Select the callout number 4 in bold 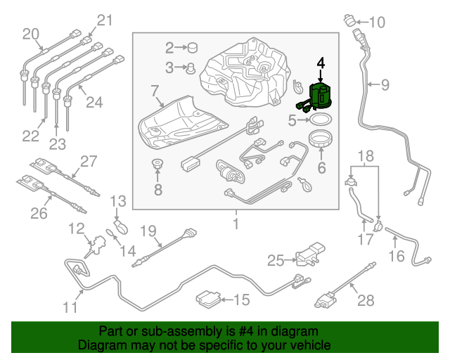tap(321, 63)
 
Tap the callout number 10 tap(377, 22)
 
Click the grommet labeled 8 tap(157, 165)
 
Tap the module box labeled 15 tap(207, 299)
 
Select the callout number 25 tap(276, 261)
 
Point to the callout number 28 tap(366, 301)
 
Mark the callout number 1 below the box tap(236, 224)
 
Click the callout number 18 tap(364, 155)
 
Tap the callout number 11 tap(69, 307)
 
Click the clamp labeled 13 tap(121, 226)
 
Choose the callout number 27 tap(88, 162)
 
